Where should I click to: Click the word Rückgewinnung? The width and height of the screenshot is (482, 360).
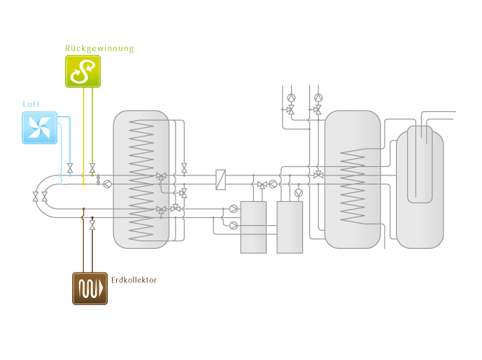click(99, 48)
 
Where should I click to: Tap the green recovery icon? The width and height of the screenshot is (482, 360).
click(83, 71)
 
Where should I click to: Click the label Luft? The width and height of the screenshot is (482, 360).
click(31, 104)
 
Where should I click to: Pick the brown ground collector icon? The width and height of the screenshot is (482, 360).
click(90, 287)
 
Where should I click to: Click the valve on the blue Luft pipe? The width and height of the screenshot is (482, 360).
click(69, 168)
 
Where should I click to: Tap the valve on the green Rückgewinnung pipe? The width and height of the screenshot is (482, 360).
click(92, 168)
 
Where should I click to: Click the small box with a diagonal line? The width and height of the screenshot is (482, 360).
click(220, 179)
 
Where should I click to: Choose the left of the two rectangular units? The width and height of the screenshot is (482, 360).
click(253, 226)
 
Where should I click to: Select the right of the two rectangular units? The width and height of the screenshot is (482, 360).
click(290, 226)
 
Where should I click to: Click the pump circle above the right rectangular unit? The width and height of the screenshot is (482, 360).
click(299, 192)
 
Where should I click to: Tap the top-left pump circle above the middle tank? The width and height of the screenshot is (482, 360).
click(292, 98)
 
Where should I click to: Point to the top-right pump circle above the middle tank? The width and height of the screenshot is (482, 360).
click(318, 98)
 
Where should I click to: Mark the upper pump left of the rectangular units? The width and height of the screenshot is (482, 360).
click(233, 208)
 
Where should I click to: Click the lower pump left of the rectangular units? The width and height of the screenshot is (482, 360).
click(233, 225)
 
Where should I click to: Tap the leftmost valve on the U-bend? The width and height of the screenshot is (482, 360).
click(36, 197)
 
